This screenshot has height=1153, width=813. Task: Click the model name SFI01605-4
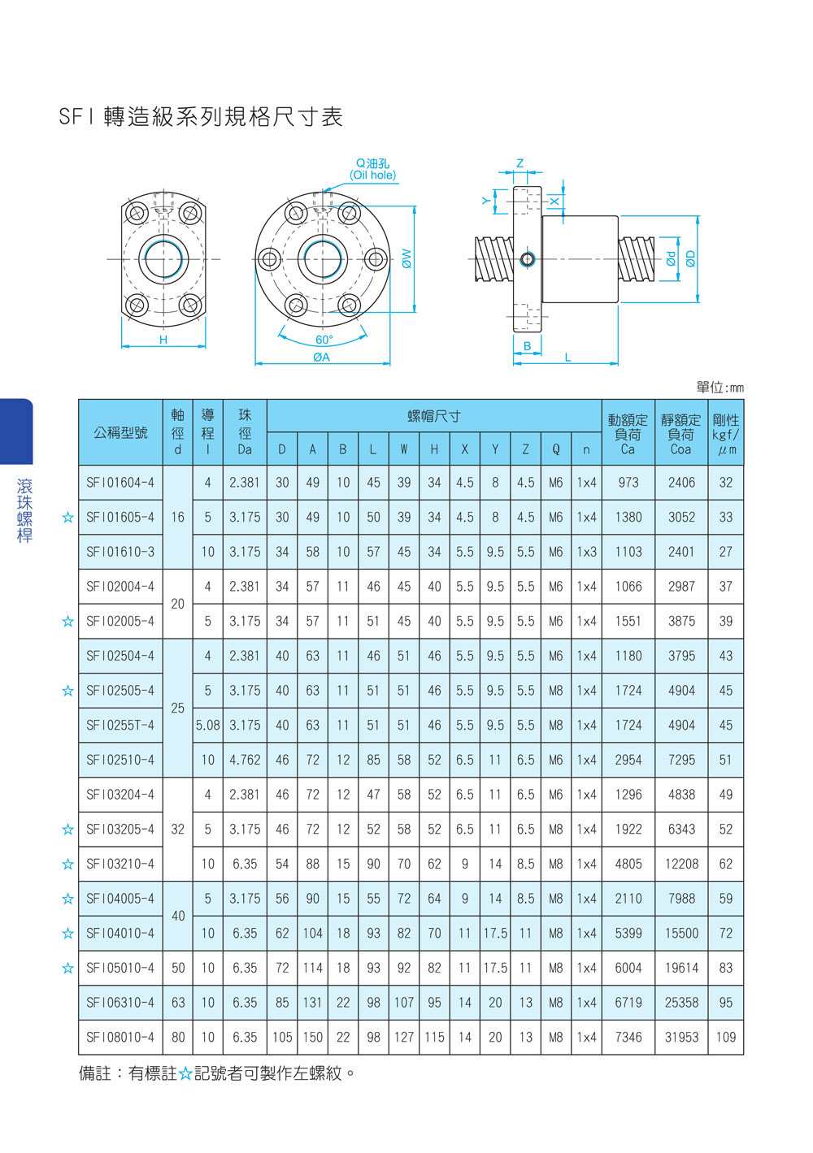[120, 517]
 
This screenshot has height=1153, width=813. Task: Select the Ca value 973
[628, 483]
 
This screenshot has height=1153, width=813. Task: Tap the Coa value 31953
[681, 1037]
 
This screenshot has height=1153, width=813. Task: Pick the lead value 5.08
[207, 725]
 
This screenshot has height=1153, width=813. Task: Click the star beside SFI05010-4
[67, 968]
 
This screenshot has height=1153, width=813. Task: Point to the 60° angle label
[324, 340]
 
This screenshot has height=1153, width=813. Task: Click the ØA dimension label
[321, 357]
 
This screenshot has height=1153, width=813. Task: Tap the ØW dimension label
[406, 258]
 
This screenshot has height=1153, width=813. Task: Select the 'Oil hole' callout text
[373, 175]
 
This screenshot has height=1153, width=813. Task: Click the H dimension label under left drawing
[163, 340]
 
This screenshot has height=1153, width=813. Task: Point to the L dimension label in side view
[567, 357]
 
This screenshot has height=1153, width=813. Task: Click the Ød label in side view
[671, 259]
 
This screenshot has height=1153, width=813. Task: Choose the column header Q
[555, 449]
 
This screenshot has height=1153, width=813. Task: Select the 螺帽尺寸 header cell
[434, 416]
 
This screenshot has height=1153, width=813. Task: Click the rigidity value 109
[725, 1037]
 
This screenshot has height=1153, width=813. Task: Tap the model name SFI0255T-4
[120, 725]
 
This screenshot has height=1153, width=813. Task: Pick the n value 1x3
[586, 552]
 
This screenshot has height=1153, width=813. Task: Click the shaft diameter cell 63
[177, 1002]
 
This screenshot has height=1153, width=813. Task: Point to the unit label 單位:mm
[720, 387]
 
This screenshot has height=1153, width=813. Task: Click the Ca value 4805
[628, 864]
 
